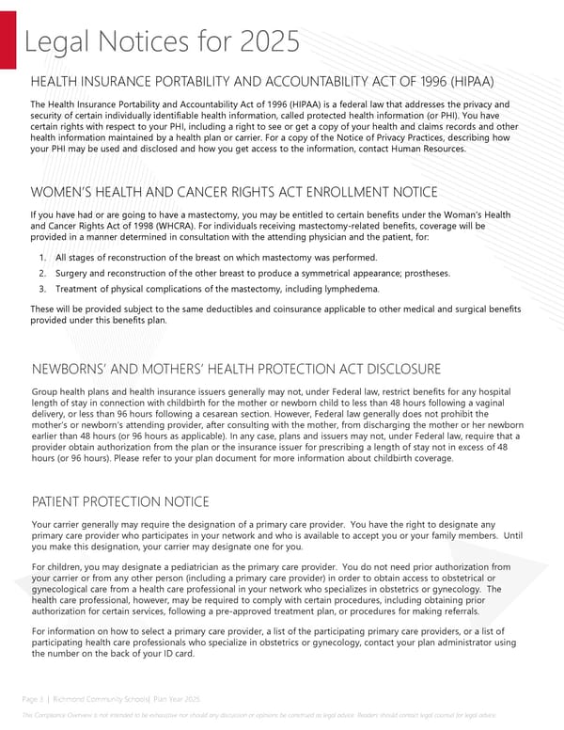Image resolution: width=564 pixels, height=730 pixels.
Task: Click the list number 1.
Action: [43, 258]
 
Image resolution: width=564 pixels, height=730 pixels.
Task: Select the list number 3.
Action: [43, 289]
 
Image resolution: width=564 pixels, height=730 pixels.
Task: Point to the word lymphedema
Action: [349, 289]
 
